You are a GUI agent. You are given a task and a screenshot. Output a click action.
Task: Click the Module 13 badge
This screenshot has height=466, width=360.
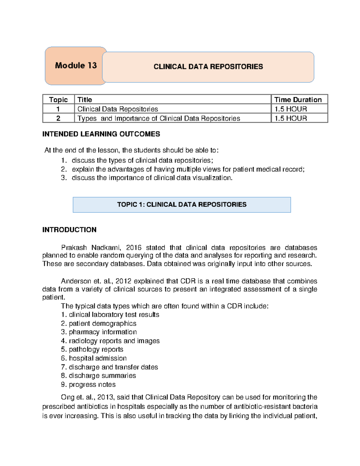(76, 66)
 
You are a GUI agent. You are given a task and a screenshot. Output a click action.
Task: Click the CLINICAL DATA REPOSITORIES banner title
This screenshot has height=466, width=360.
(208, 67)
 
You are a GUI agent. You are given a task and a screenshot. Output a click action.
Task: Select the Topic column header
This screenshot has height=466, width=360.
(58, 100)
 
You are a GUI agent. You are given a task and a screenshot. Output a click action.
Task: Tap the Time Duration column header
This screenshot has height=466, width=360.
(298, 100)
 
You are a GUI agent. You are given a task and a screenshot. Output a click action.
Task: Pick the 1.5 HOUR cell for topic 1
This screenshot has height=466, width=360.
(291, 109)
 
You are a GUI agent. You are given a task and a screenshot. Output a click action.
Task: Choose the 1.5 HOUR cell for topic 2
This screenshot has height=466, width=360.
(291, 119)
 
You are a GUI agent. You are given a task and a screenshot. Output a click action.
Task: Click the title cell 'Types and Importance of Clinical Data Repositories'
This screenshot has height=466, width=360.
(159, 119)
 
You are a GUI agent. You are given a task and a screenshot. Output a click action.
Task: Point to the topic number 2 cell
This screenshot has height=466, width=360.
(58, 119)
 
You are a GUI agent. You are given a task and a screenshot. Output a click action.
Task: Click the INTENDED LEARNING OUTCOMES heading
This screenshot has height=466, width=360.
(101, 134)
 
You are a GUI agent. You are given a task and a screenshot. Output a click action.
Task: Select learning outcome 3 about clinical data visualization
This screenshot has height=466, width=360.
(152, 178)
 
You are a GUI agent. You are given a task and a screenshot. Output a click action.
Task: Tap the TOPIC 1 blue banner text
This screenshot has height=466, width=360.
(182, 205)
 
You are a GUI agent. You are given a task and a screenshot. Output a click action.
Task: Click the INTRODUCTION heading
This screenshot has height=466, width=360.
(69, 230)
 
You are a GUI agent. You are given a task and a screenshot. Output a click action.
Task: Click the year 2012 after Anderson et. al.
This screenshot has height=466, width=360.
(123, 281)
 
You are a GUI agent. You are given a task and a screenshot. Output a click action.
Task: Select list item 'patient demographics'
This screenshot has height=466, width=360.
(102, 323)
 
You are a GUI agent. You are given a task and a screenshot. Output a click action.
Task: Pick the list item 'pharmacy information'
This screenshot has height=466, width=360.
(103, 332)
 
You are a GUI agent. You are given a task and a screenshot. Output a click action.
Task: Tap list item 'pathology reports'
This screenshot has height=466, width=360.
(96, 350)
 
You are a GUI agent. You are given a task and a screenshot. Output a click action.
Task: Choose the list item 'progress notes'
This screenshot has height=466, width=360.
(92, 385)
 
